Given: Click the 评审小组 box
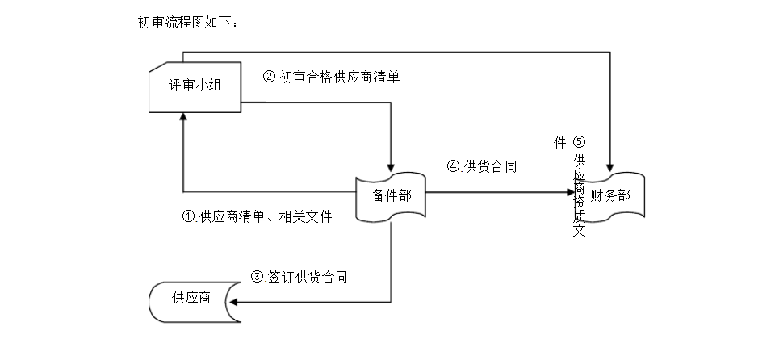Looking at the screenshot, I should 195,86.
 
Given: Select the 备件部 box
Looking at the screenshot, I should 391,195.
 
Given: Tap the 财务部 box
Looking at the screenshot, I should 610,195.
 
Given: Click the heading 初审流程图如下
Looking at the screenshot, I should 188,22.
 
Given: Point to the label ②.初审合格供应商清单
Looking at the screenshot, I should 332,77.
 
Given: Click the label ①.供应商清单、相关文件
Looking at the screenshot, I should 257,216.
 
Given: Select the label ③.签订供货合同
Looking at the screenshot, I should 299,277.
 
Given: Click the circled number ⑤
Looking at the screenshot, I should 579,142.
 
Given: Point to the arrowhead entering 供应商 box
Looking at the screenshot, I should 236,303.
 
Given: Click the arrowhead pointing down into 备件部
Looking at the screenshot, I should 391,167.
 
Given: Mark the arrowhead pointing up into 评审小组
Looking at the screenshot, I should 184,116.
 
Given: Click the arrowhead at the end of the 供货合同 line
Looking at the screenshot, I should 570,193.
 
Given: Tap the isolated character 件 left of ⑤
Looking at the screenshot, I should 559,142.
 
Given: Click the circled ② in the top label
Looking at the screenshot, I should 270,77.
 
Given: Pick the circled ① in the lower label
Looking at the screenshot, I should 189,216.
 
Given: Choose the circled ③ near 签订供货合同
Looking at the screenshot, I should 258,277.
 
